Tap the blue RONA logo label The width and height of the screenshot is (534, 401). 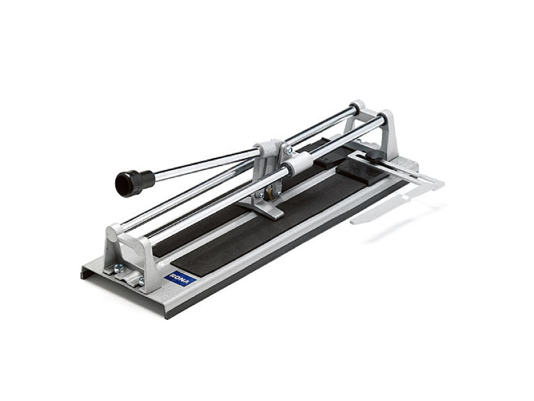[180, 279]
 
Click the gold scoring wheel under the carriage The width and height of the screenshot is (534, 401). [270, 192]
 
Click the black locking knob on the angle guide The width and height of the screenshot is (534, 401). [376, 157]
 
